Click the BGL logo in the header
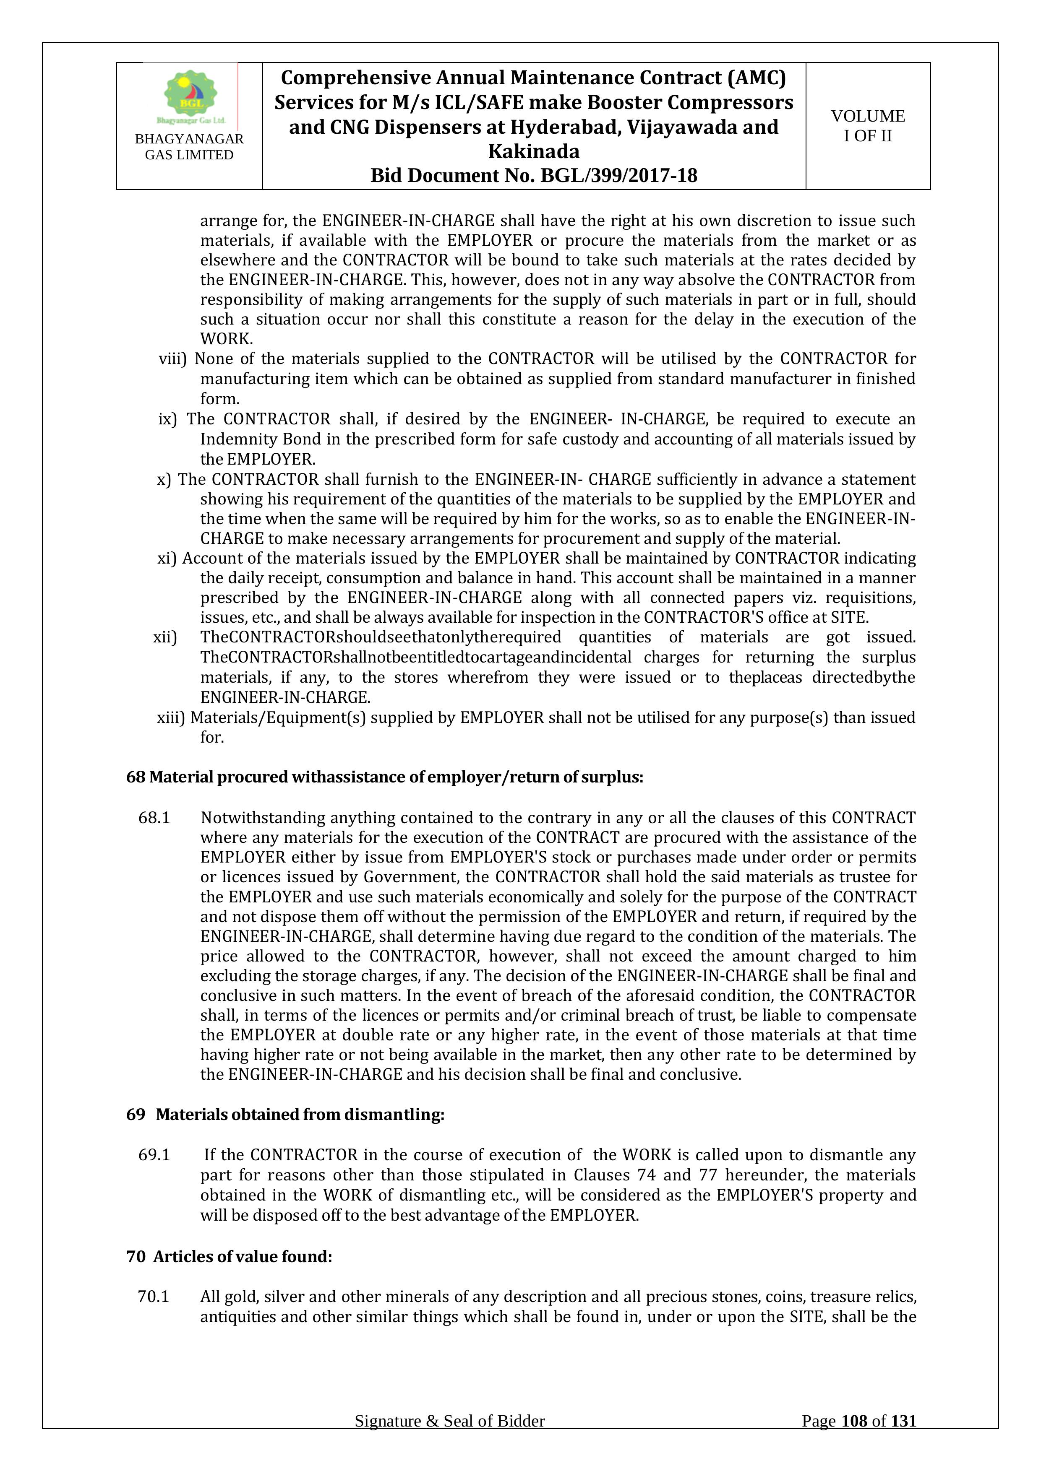pyautogui.click(x=191, y=96)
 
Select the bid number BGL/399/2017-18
pyautogui.click(x=618, y=176)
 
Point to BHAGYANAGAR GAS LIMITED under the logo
pyautogui.click(x=189, y=147)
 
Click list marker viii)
pyautogui.click(x=172, y=359)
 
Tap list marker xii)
pyautogui.click(x=165, y=637)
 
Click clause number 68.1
pyautogui.click(x=154, y=818)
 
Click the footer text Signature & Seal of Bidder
pyautogui.click(x=449, y=1439)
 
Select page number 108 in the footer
pyautogui.click(x=854, y=1439)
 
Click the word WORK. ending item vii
pyautogui.click(x=226, y=339)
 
